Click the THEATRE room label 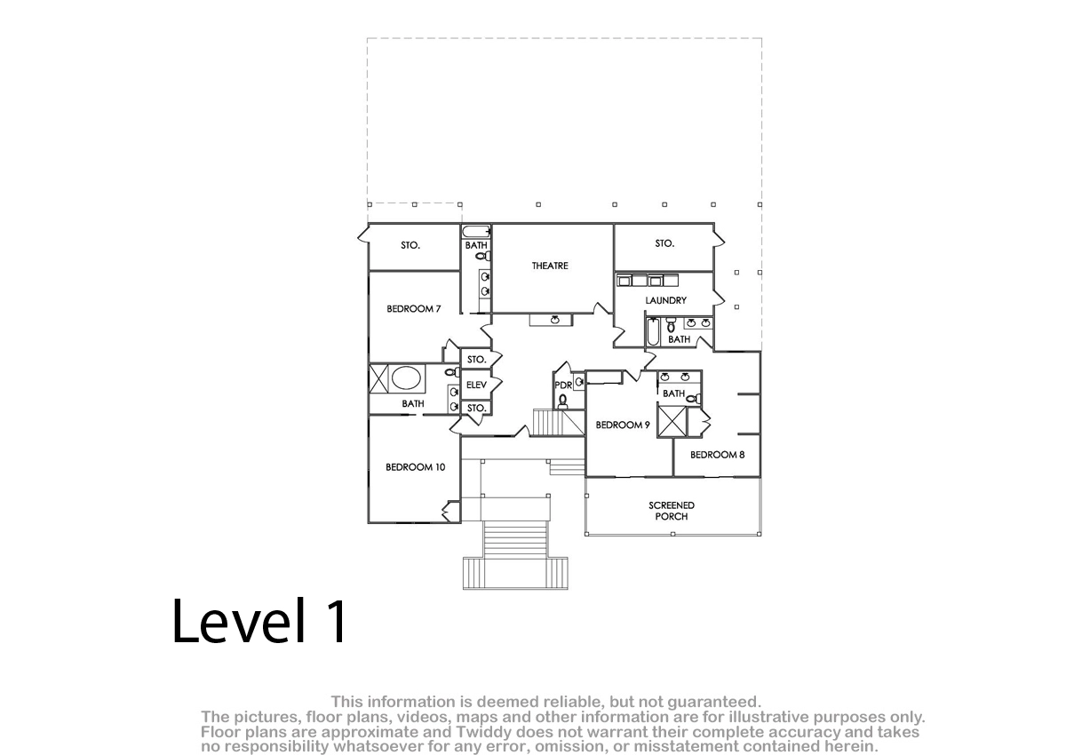point(550,266)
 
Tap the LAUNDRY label point(665,300)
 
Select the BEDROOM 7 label point(414,309)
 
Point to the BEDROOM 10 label point(415,467)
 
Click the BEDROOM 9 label point(623,425)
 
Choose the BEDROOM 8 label point(717,455)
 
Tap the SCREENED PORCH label point(672,511)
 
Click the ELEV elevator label point(476,385)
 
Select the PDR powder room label point(563,385)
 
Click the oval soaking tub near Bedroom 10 point(406,378)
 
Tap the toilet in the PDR point(563,402)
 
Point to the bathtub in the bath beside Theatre point(476,232)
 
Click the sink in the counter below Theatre point(554,320)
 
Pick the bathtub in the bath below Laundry point(652,331)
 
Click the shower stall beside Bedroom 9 point(672,420)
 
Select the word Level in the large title point(238,621)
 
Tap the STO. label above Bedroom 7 point(410,245)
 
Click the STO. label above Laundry point(664,243)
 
